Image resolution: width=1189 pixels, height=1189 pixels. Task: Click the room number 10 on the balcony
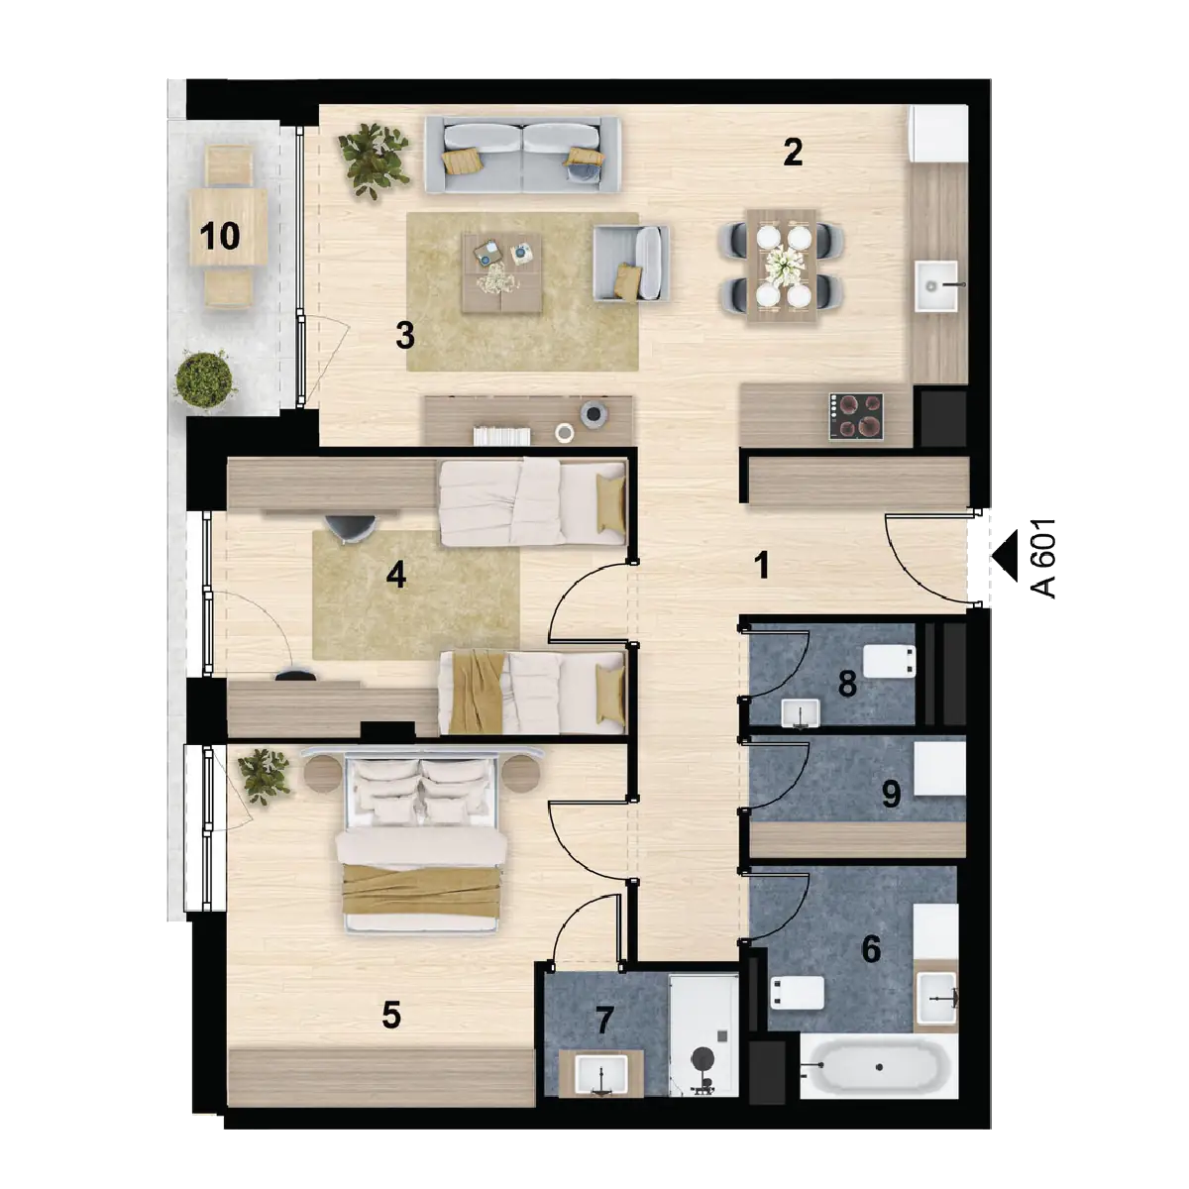[220, 236]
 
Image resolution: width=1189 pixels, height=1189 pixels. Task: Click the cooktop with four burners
[856, 416]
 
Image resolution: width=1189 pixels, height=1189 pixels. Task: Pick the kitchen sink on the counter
[936, 285]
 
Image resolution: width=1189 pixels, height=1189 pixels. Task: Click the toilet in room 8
[889, 662]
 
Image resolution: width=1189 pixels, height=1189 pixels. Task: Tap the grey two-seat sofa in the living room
[522, 155]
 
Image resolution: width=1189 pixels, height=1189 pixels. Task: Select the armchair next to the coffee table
[630, 263]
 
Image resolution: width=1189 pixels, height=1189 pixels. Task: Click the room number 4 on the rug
[395, 575]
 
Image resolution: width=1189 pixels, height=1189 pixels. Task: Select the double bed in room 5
[422, 844]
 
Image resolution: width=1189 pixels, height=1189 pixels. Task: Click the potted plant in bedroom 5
[265, 776]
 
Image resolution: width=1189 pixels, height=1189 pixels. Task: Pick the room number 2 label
[793, 152]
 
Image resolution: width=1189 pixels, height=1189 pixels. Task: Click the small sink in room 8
[801, 713]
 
